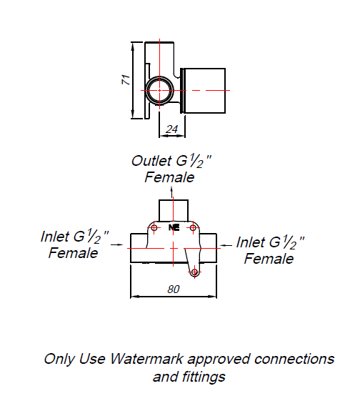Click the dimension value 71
point(126,79)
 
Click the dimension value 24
point(172,129)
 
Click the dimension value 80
point(174,289)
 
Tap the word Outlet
point(151,161)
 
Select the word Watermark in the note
point(146,359)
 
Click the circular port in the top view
point(148,90)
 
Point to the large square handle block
point(204,91)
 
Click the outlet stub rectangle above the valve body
point(174,211)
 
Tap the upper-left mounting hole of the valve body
point(154,227)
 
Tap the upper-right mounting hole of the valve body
point(194,227)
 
